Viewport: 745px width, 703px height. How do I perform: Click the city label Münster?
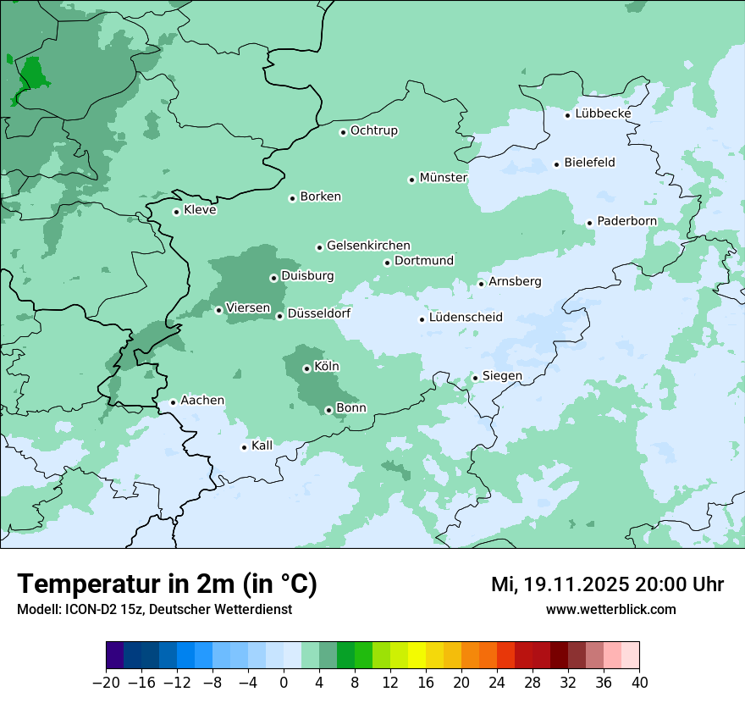click(444, 178)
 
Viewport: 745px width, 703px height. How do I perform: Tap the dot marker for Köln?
click(306, 368)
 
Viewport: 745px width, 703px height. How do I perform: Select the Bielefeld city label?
click(589, 163)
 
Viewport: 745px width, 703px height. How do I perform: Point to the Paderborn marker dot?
click(590, 223)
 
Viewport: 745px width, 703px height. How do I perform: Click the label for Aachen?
click(202, 401)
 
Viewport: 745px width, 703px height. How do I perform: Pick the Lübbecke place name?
click(603, 113)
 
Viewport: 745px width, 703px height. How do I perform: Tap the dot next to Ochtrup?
click(343, 131)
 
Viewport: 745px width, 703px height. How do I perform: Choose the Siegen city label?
click(502, 376)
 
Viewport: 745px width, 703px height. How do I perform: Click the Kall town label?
click(262, 446)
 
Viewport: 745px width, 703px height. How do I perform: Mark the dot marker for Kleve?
click(176, 212)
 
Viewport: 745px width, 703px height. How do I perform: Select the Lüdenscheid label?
click(466, 318)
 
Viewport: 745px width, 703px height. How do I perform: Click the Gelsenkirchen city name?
click(368, 246)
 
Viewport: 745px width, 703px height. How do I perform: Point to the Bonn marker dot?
click(329, 410)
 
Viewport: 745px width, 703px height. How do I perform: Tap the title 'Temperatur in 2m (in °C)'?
click(167, 584)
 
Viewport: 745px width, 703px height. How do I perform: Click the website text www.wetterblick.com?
click(610, 609)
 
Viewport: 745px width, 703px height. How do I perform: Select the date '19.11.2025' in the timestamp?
click(571, 584)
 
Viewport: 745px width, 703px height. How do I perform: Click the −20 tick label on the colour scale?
click(107, 683)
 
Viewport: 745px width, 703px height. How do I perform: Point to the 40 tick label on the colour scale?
click(639, 683)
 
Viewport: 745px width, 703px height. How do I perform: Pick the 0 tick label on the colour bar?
click(284, 683)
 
